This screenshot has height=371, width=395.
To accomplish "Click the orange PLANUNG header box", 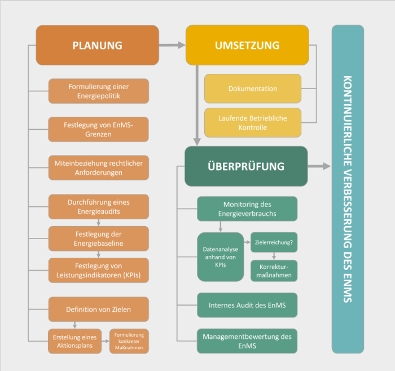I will [97, 45].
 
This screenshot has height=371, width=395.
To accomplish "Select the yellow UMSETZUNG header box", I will [247, 45].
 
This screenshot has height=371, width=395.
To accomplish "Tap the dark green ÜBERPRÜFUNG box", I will [246, 166].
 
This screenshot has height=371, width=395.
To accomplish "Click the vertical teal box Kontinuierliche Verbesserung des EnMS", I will [348, 189].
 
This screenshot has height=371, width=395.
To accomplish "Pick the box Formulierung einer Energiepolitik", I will [99, 91].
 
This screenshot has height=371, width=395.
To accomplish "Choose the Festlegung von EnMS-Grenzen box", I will [99, 130].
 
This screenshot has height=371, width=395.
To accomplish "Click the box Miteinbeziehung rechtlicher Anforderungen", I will [99, 167].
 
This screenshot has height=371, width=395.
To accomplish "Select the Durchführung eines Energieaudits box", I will [99, 206].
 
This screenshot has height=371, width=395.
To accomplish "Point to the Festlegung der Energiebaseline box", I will [99, 238].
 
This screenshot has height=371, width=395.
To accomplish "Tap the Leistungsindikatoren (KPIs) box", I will [99, 271].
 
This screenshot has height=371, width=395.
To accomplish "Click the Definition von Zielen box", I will [99, 310].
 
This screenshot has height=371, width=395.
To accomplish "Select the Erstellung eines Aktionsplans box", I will [75, 341].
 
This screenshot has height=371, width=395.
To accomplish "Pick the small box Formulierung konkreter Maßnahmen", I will [129, 341].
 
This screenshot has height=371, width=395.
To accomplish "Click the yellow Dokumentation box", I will [253, 89].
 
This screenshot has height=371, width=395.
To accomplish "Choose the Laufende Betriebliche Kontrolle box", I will [253, 123].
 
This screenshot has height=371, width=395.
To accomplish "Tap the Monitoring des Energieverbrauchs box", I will [247, 209].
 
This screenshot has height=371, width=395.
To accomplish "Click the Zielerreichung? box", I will [274, 242].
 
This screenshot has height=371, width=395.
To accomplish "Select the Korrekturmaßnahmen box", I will [274, 271].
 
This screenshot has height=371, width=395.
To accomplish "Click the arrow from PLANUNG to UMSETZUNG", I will [172, 45].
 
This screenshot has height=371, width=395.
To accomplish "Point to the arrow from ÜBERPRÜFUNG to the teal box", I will [319, 166].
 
